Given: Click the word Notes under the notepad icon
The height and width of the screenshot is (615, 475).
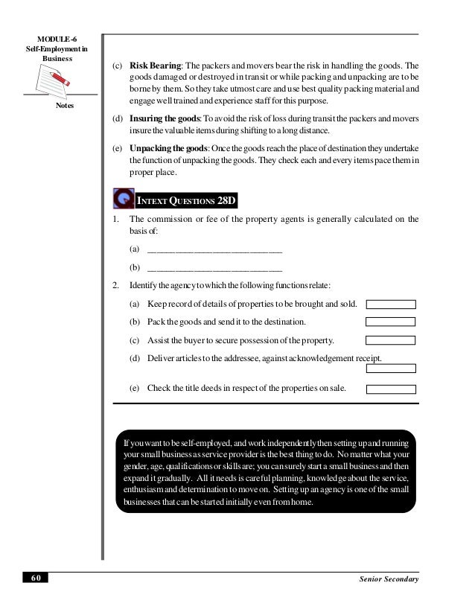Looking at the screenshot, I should coord(65,106).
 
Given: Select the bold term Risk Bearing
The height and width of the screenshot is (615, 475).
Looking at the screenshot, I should coord(153,65).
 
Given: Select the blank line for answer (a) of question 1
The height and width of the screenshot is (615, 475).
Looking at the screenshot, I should coord(215,249).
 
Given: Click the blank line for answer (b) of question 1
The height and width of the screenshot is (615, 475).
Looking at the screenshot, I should coord(215,267).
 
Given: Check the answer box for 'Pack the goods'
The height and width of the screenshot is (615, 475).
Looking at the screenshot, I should coord(391,322).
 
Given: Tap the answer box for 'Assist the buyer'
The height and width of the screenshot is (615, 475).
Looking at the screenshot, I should coord(391,340).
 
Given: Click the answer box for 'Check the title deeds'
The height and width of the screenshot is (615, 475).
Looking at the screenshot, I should coord(391,388).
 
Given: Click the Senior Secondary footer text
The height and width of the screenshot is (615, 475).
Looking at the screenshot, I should coord(389,579).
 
